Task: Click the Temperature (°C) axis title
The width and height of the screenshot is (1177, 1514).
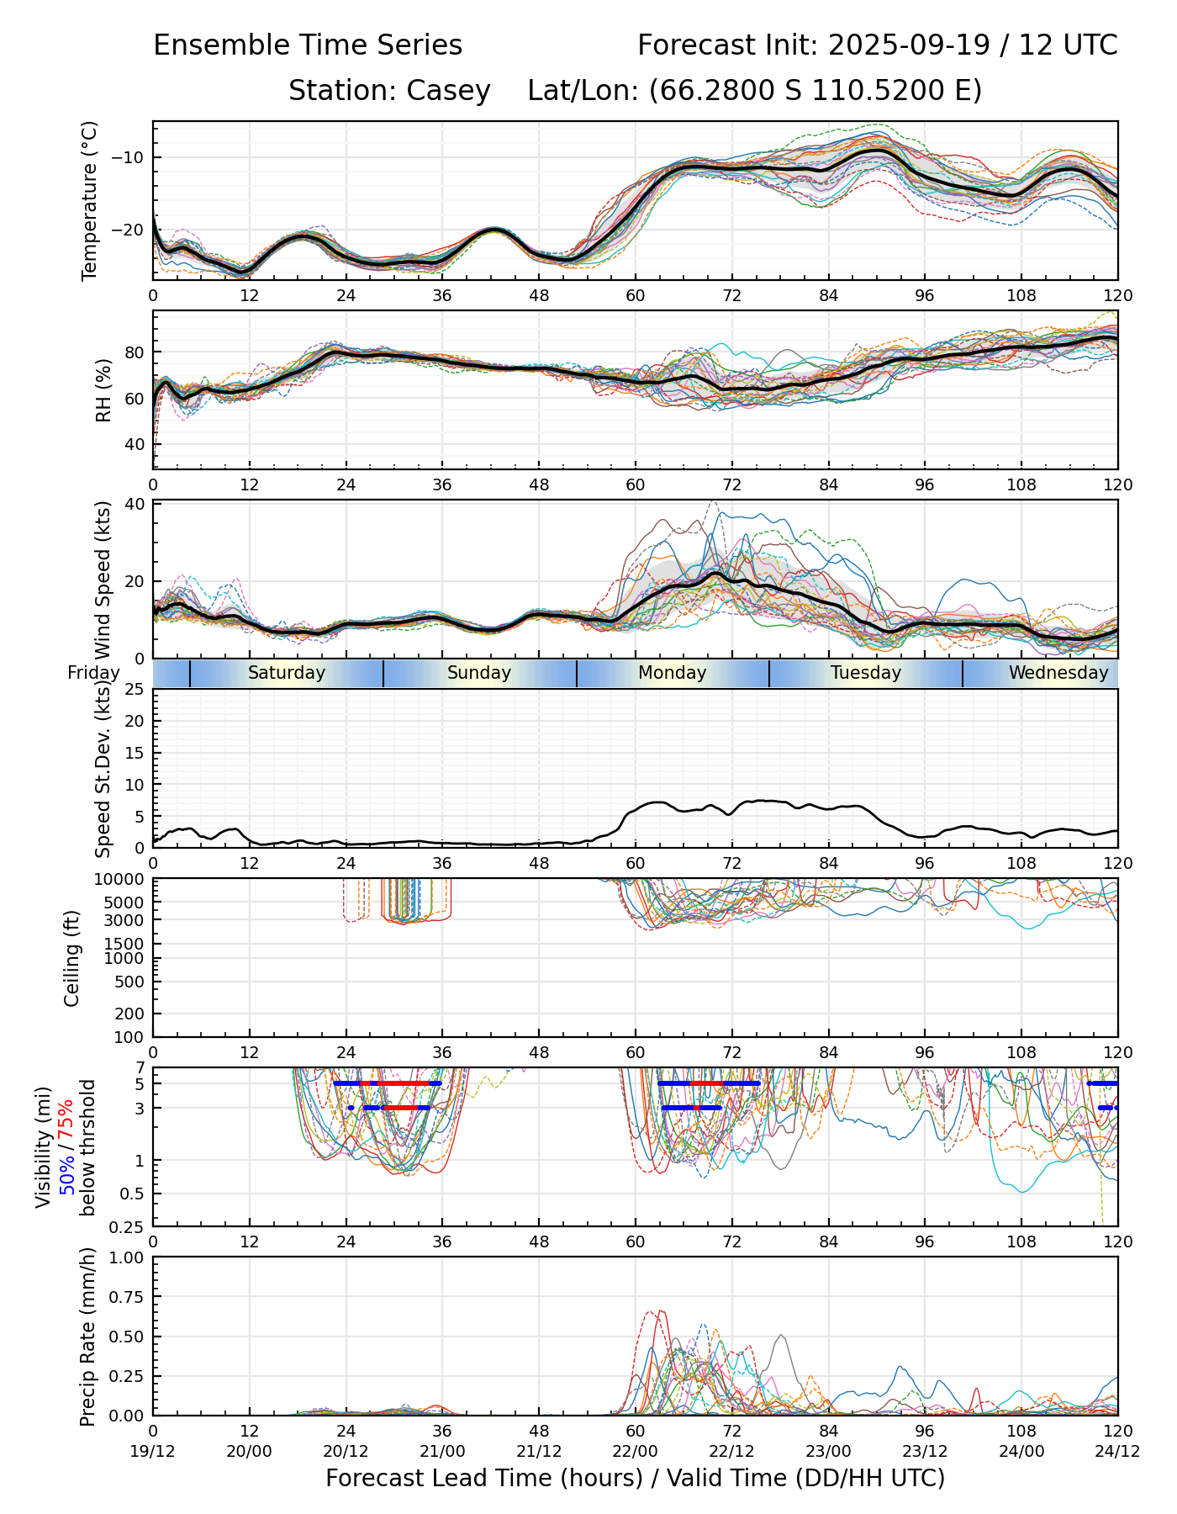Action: [x=90, y=200]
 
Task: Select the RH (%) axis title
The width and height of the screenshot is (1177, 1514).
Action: [x=103, y=390]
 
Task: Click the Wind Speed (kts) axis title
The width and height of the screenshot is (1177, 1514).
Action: [x=103, y=580]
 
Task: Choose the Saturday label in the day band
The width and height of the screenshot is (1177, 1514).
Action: [x=287, y=673]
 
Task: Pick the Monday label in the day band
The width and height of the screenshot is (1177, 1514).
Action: [x=673, y=673]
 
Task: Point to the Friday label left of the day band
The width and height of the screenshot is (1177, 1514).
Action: [x=93, y=673]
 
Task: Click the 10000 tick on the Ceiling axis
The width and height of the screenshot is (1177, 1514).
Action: [x=121, y=880]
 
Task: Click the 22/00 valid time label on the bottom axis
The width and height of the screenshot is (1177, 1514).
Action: [x=636, y=1451]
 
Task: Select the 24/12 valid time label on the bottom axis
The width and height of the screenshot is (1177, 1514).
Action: [x=1117, y=1451]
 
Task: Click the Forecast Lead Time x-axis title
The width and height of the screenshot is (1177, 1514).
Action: [x=636, y=1478]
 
